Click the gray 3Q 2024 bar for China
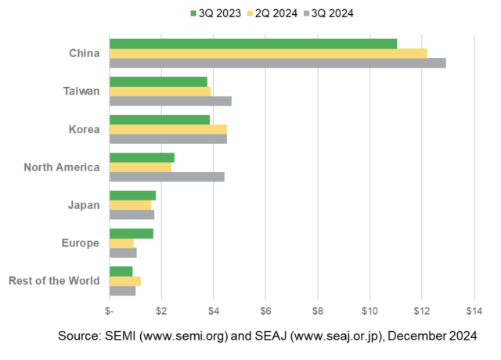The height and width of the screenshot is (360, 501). [277, 63]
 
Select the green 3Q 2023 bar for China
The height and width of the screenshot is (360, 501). [253, 44]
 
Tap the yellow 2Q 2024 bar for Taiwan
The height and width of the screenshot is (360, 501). [160, 91]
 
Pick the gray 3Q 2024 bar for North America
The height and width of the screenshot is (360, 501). [167, 176]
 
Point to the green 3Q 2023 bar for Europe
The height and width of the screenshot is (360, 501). [131, 233]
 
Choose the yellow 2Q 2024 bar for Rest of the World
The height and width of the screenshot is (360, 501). [124, 280]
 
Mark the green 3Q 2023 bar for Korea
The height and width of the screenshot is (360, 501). [159, 120]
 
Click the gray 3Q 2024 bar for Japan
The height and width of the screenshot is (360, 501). [132, 214]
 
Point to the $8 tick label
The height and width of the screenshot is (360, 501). [318, 311]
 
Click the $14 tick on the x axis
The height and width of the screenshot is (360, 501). [474, 311]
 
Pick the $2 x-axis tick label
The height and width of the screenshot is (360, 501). [161, 311]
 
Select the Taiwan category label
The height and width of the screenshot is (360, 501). [81, 91]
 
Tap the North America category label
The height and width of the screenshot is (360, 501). [61, 167]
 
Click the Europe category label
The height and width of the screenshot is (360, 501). [80, 243]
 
